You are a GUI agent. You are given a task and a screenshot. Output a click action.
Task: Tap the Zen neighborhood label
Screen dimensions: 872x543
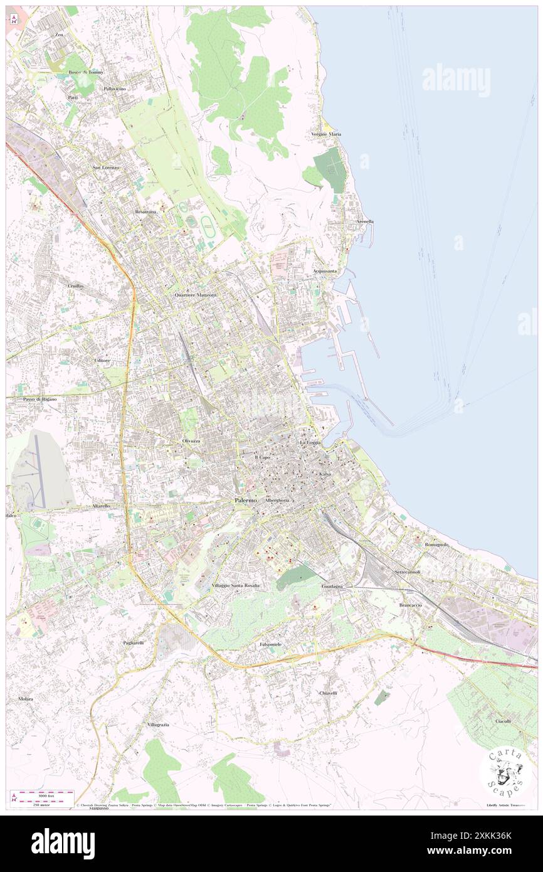point(60,35)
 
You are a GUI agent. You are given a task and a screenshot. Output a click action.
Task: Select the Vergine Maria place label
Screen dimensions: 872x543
point(326,134)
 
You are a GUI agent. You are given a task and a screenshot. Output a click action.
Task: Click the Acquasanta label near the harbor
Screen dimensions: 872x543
point(325,271)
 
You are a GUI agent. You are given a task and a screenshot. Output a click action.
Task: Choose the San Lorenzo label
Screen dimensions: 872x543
point(106,167)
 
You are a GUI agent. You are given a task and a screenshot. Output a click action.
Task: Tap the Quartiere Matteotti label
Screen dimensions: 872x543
point(195,295)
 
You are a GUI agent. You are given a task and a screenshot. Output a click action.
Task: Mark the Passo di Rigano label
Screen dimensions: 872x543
point(40,399)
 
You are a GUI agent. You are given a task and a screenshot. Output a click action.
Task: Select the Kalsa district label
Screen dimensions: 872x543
point(325,474)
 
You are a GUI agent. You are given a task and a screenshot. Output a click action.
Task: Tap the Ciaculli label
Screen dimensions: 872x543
point(503,721)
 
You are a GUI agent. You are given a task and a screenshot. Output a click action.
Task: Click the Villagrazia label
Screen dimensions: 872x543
point(159,725)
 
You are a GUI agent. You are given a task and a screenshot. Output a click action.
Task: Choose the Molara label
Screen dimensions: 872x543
point(26,699)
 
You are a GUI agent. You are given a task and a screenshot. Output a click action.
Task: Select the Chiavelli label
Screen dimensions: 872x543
point(329,693)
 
